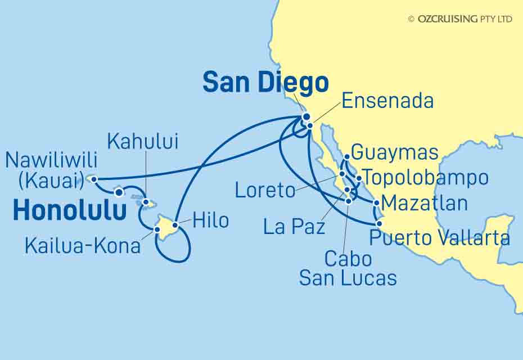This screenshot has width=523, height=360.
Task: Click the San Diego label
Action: (265, 83)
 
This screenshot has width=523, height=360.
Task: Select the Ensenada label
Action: (387, 101)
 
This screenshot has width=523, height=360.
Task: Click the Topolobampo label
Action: (426, 178)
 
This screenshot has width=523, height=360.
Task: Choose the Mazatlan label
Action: (423, 202)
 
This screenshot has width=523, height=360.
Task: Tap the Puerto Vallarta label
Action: (439, 238)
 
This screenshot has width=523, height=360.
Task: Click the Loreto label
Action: (265, 190)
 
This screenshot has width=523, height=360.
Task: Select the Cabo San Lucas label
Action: (348, 268)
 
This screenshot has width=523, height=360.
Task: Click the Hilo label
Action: (210, 220)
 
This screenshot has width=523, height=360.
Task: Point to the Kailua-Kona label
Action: (82, 245)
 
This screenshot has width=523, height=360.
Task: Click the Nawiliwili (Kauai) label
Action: (51, 170)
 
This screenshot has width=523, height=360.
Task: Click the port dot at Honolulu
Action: (119, 192)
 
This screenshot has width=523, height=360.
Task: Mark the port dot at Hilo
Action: (175, 226)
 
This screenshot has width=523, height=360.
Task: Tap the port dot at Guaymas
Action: (348, 157)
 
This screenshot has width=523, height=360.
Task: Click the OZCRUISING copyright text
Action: (460, 19)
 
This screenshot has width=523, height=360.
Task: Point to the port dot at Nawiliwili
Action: (94, 179)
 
